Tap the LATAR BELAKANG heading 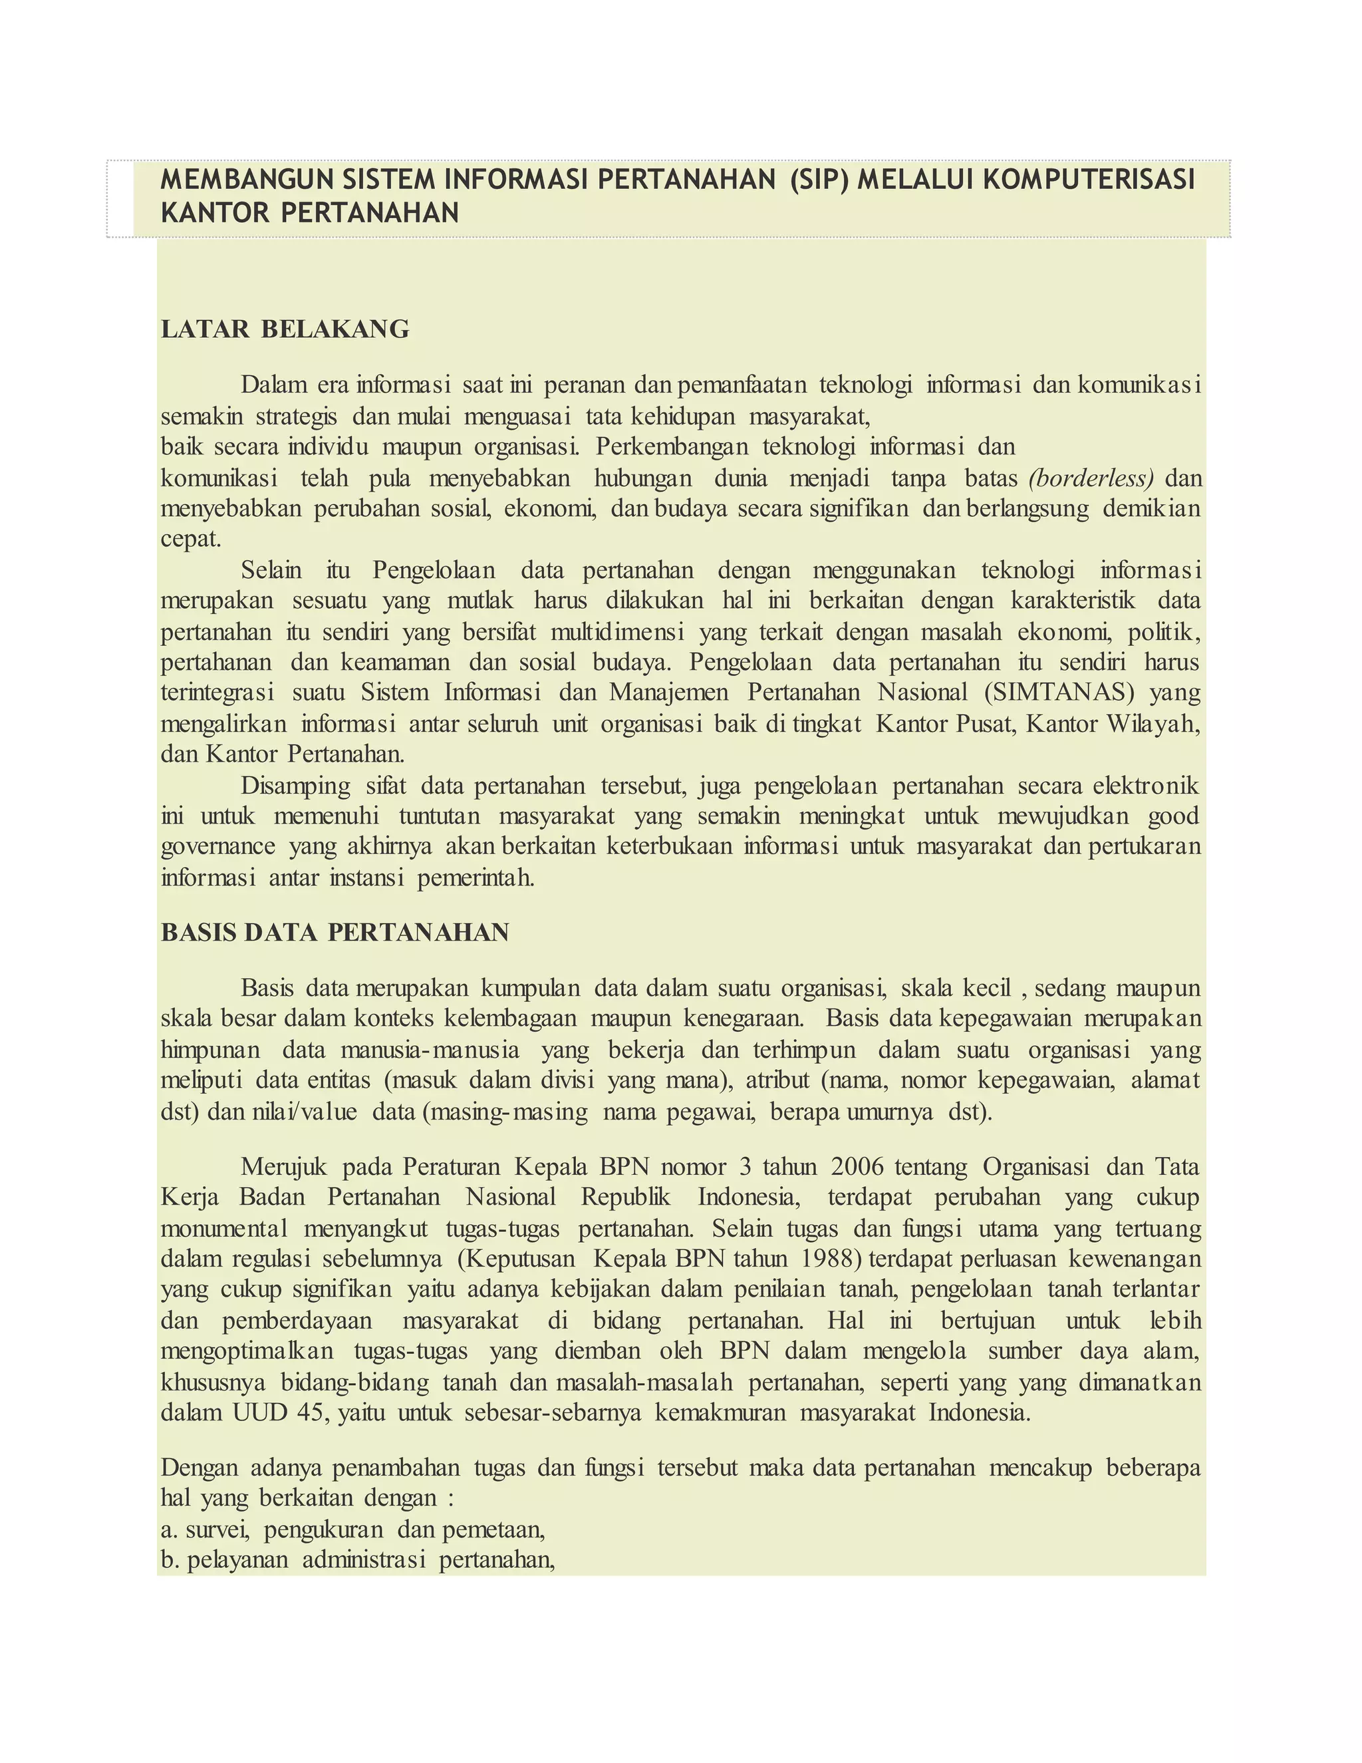point(285,329)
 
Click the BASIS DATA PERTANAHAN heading point(335,932)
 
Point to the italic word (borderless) point(1091,479)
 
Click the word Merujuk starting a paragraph point(283,1168)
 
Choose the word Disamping point(295,786)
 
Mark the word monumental point(223,1229)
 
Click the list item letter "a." point(169,1529)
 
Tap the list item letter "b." point(170,1559)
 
